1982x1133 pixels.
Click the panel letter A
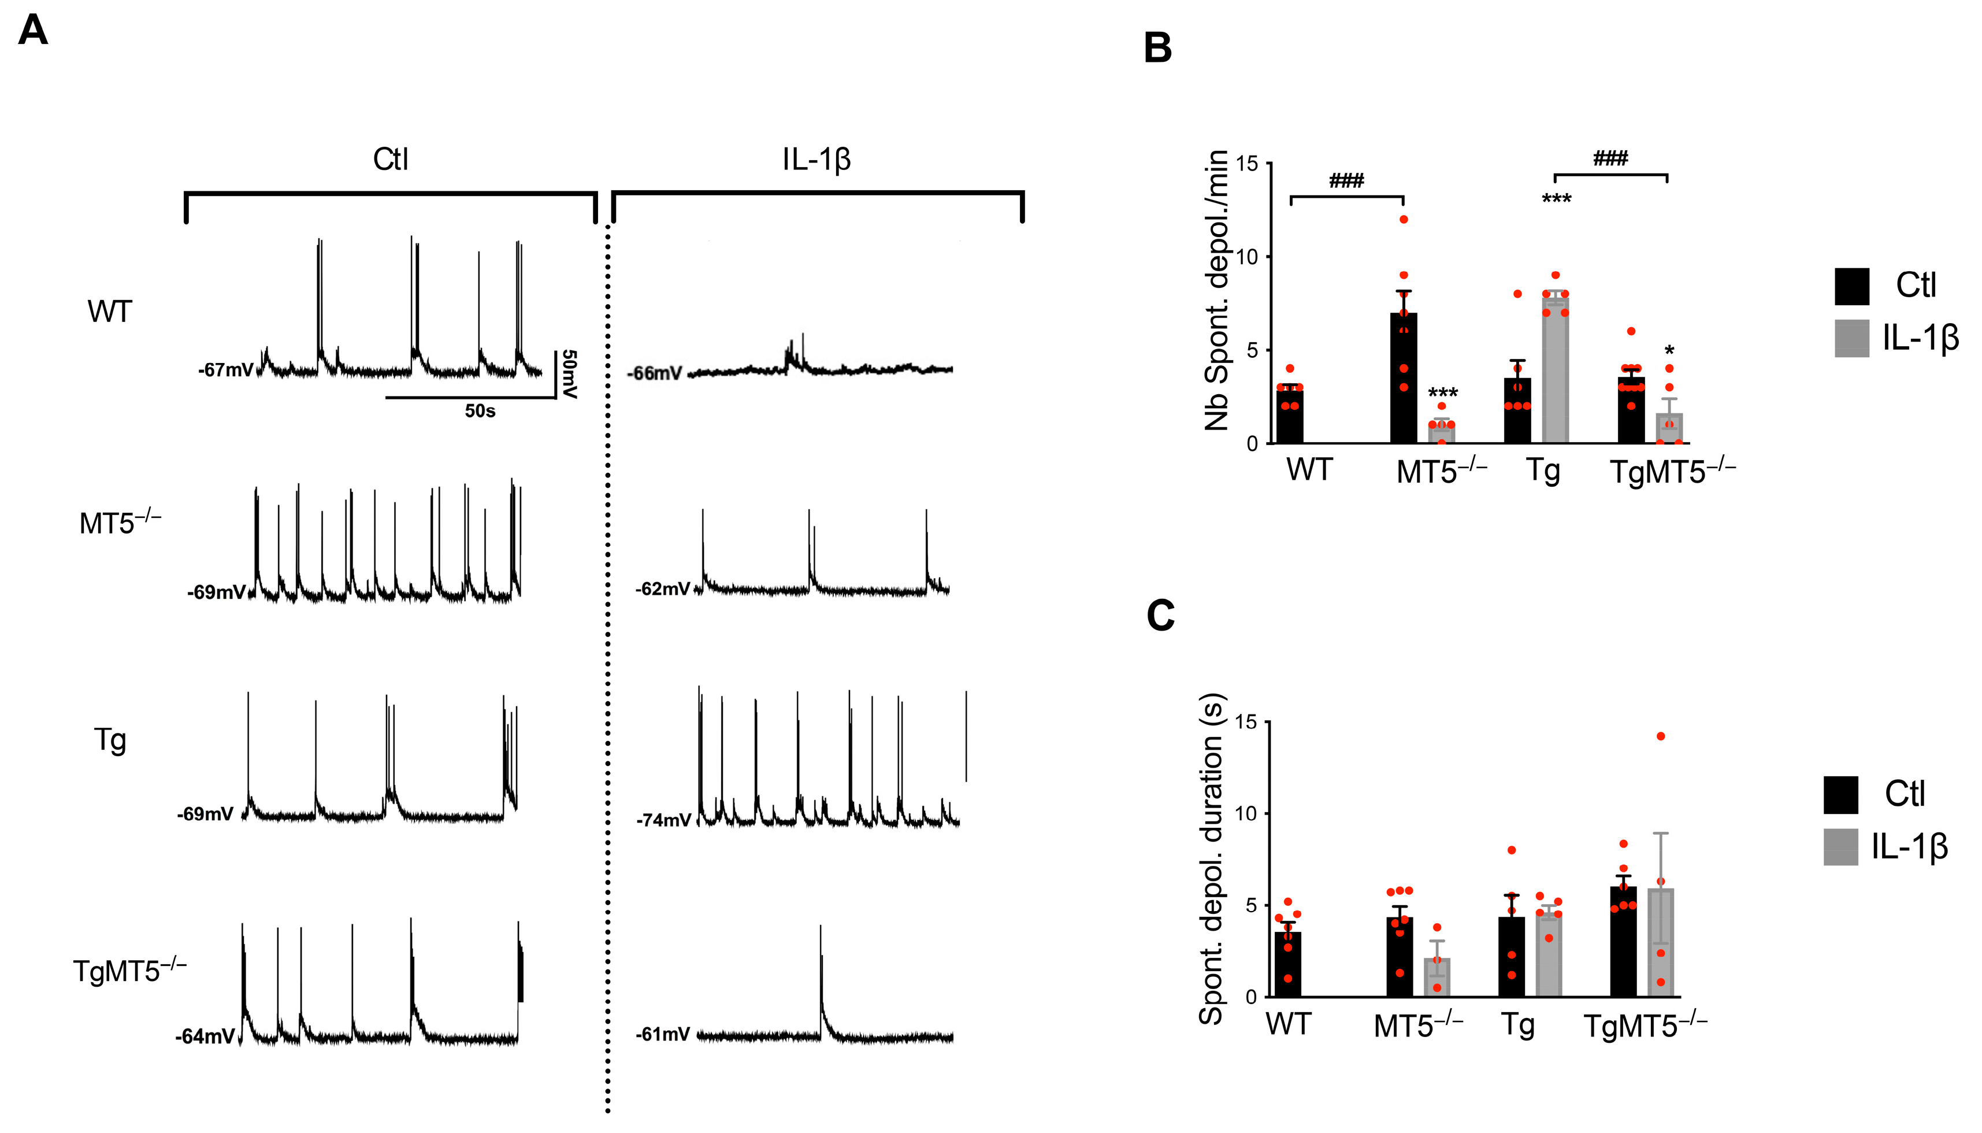coord(33,31)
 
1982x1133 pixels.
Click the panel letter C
coord(1160,616)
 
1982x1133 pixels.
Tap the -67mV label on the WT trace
coord(225,371)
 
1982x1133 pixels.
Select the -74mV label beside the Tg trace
coord(663,820)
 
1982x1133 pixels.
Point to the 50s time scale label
coord(480,411)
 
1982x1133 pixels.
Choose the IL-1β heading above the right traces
coord(816,160)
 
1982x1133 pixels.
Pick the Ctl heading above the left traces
coord(391,160)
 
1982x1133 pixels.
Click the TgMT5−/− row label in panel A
coord(129,971)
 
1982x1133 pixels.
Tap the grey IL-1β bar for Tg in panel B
coord(1555,373)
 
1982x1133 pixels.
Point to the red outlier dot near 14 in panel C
coord(1661,736)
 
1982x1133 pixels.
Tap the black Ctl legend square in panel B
coord(1851,286)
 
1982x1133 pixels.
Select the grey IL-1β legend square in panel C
coord(1840,847)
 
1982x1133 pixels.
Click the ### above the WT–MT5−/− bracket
coord(1346,182)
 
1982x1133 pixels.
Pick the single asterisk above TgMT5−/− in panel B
coord(1669,351)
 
